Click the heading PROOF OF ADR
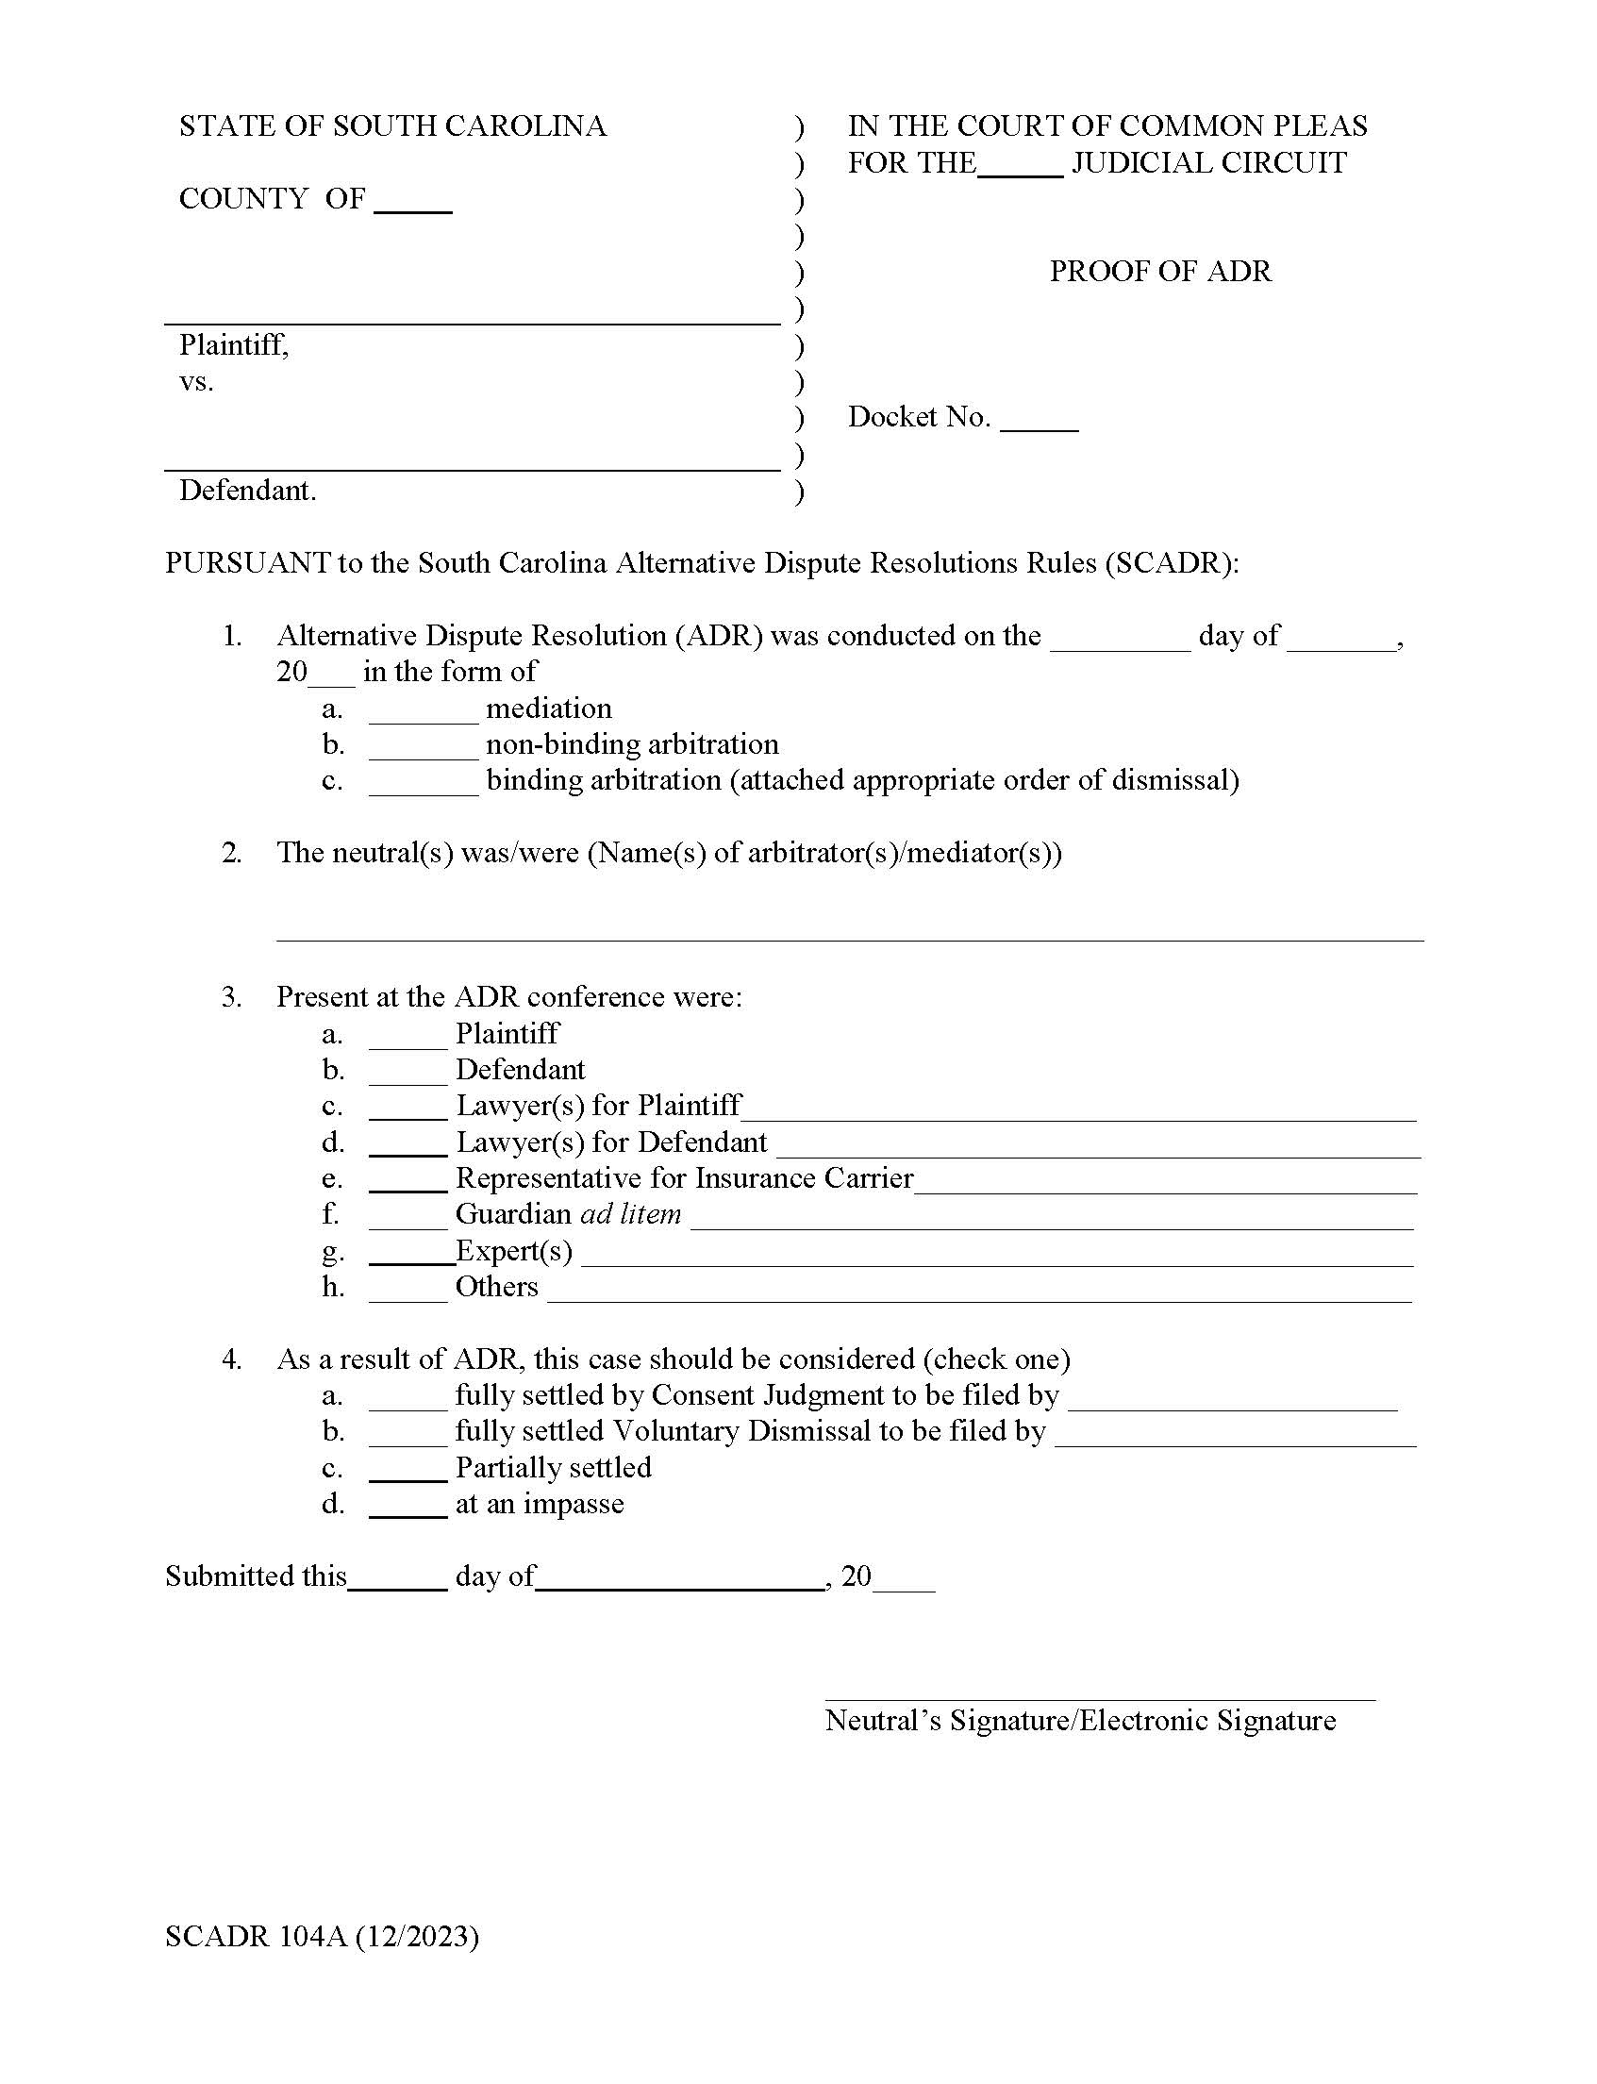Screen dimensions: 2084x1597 tap(1158, 272)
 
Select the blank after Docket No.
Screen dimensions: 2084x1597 tap(1039, 425)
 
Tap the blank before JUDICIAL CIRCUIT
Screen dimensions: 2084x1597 tap(1019, 170)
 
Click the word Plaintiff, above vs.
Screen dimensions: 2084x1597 tap(234, 344)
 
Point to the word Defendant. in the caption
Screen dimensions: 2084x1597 tap(247, 491)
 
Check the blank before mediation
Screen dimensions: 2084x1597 tap(423, 716)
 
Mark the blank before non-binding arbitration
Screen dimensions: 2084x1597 tap(423, 752)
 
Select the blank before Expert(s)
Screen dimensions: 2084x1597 tap(410, 1258)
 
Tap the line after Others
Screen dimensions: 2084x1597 tap(979, 1294)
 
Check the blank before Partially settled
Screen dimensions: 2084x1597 tap(408, 1475)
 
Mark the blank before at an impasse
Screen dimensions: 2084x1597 tap(408, 1510)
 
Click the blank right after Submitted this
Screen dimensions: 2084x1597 tap(397, 1583)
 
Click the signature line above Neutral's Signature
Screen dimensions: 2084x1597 tap(1099, 1694)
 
